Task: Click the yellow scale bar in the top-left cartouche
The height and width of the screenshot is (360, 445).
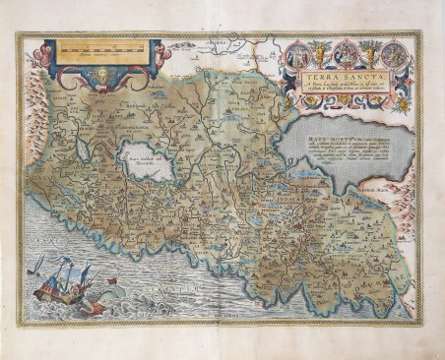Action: coord(98,47)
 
